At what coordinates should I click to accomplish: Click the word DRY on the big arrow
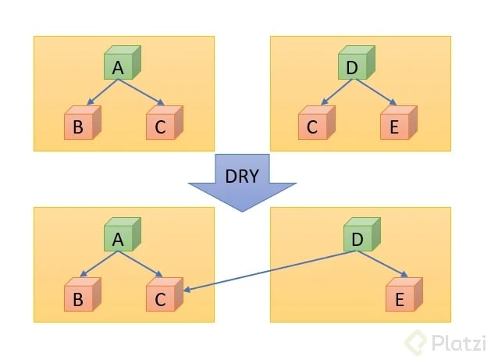point(242,176)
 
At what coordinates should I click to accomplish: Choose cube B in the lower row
point(79,298)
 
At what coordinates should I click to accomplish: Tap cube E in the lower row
point(402,298)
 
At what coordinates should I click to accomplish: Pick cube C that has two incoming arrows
point(162,298)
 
